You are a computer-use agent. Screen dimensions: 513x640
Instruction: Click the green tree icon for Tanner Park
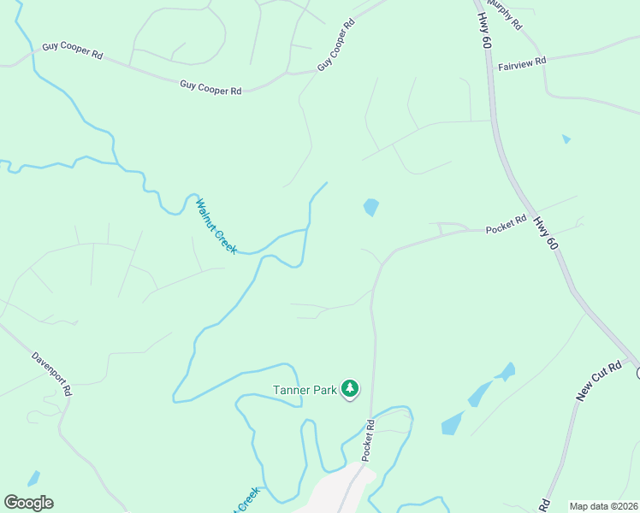pos(350,389)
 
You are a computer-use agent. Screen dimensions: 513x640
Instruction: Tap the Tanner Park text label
pos(305,390)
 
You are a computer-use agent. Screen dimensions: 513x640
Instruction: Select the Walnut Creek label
pos(216,226)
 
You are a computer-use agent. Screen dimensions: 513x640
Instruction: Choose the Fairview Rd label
pos(522,64)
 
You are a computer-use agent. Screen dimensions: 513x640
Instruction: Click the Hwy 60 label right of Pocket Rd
pos(546,232)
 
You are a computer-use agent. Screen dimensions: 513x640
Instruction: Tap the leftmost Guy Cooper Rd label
pos(73,52)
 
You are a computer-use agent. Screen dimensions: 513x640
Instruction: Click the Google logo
pos(28,503)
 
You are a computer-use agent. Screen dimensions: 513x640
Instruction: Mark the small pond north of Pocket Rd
pos(371,207)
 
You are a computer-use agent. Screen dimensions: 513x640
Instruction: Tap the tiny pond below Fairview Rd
pos(566,139)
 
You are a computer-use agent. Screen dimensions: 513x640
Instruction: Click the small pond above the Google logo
pos(33,478)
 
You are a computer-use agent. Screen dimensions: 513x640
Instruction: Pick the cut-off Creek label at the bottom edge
pos(247,499)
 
